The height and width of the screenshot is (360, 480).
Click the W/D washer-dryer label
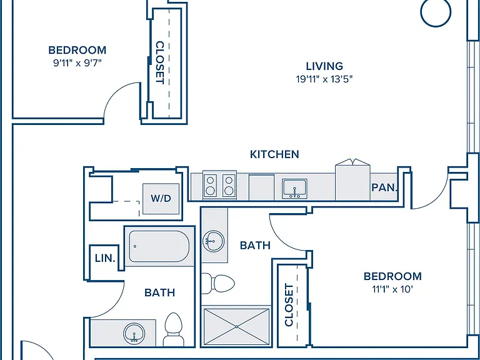click(x=161, y=198)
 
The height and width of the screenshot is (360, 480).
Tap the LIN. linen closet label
click(x=105, y=258)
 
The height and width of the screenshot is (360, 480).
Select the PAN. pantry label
click(x=384, y=187)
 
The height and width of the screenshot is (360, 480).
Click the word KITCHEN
click(x=274, y=154)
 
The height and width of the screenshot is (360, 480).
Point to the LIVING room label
click(x=324, y=66)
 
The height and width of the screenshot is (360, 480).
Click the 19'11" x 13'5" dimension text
click(x=324, y=79)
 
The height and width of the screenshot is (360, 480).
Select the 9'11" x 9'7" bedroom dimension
click(x=77, y=63)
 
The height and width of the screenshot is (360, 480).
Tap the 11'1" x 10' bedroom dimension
click(x=392, y=289)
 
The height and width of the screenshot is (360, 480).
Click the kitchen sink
click(x=294, y=189)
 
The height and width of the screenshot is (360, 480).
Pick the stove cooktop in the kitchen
click(x=219, y=185)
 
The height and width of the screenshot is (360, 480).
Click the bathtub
click(x=159, y=246)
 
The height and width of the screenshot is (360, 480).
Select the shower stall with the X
click(x=236, y=327)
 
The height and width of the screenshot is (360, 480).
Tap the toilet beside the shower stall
click(x=218, y=284)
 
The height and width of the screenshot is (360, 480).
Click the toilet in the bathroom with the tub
click(x=173, y=329)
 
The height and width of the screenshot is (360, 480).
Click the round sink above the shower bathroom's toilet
click(x=213, y=241)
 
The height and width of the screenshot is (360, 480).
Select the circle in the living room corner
click(x=436, y=12)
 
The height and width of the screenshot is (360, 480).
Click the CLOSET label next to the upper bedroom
click(x=160, y=62)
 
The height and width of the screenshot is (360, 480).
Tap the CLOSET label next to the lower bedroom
click(x=289, y=305)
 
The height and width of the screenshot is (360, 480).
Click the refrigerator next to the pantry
click(x=352, y=182)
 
